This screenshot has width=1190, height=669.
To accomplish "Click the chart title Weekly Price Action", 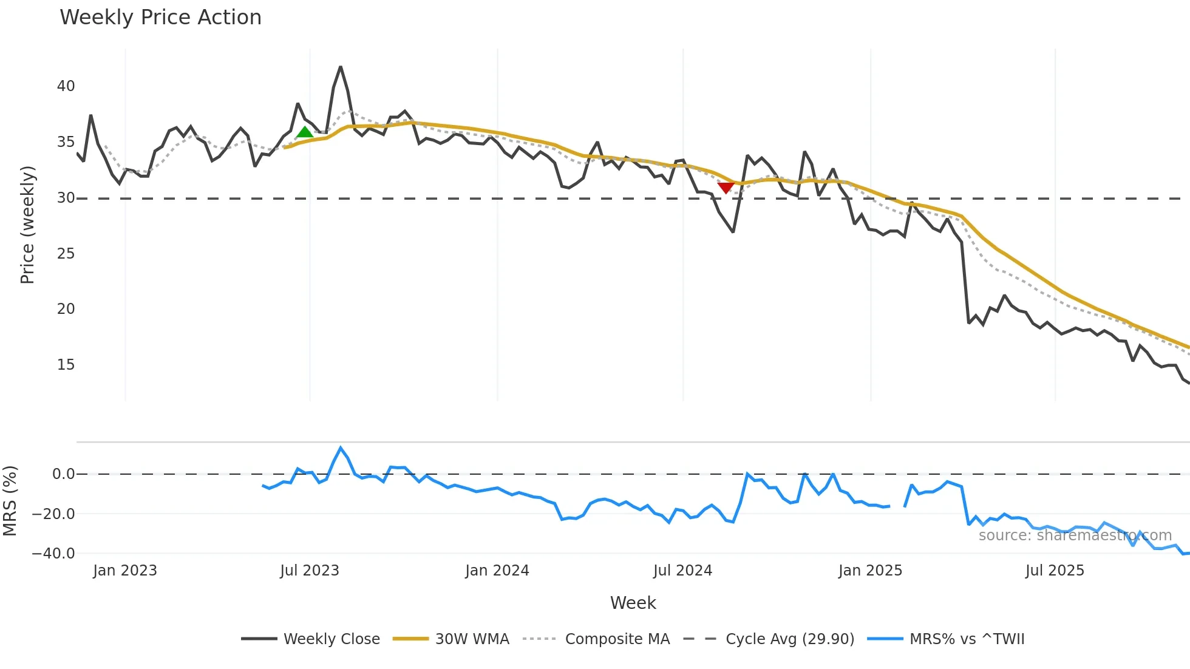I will (x=160, y=18).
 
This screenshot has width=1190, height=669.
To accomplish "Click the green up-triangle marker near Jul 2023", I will (x=305, y=132).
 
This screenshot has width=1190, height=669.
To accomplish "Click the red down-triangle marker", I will (x=726, y=188).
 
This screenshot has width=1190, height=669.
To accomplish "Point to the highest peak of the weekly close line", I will (x=341, y=67).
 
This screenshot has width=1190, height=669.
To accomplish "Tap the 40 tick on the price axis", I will (x=66, y=86).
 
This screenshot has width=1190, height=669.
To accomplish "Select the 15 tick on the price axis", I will (x=66, y=365).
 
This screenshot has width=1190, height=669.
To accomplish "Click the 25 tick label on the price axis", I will (x=66, y=254).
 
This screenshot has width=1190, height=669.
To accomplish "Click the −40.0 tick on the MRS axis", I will (x=54, y=554).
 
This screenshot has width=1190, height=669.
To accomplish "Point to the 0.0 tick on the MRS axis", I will (x=64, y=474).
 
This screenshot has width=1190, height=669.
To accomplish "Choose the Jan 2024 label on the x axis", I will (x=497, y=571).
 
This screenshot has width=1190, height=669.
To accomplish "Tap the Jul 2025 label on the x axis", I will (x=1055, y=571).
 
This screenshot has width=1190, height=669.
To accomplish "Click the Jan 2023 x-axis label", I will (x=125, y=571).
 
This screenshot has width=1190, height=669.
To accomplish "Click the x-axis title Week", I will (x=633, y=603).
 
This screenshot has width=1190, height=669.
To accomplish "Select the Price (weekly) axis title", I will (x=28, y=225).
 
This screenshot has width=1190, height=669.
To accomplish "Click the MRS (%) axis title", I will (x=10, y=501).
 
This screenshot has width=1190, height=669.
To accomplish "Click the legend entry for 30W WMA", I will (x=472, y=639).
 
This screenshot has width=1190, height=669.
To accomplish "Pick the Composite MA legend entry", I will (x=617, y=639).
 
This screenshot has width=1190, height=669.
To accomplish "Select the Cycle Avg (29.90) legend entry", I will (x=789, y=639).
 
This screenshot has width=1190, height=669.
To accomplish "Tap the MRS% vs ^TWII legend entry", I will (x=967, y=639).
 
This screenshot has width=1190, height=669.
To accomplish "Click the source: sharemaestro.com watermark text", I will (x=1075, y=535).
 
